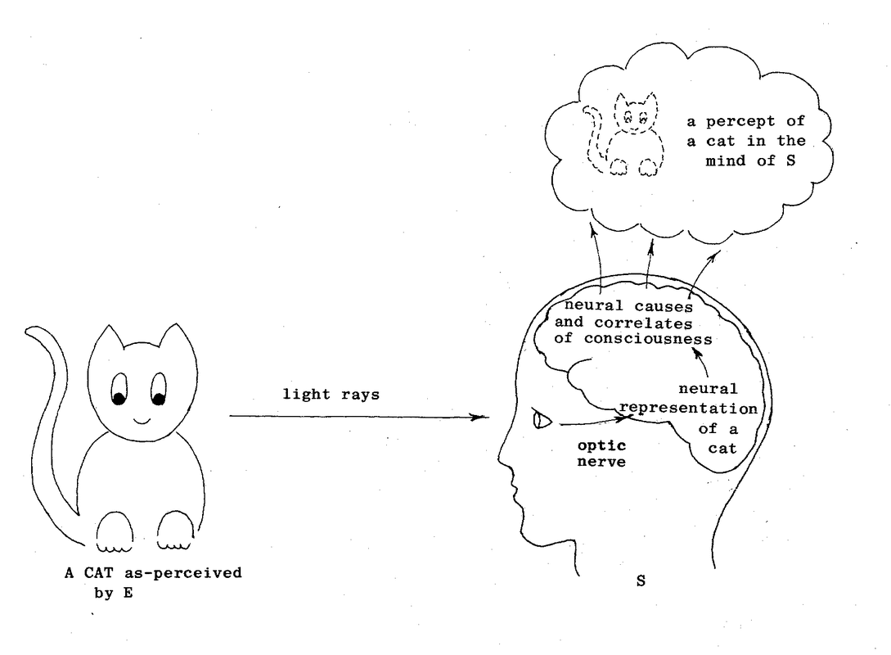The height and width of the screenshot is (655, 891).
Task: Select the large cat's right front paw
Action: point(173,532)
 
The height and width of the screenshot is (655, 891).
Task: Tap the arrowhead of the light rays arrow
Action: point(484,417)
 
